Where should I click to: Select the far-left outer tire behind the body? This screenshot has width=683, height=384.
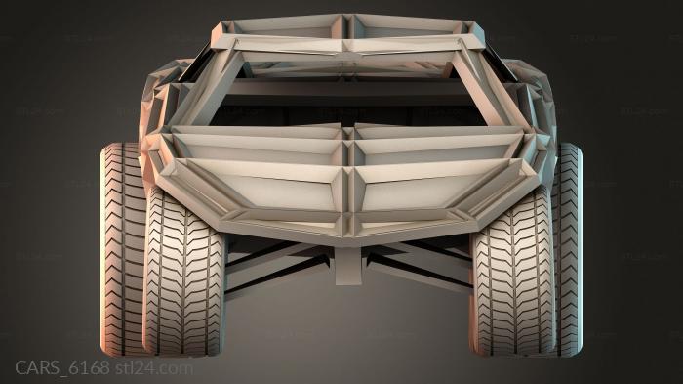(122, 244)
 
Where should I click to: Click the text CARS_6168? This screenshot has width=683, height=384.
(61, 368)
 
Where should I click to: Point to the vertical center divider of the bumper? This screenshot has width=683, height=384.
(347, 176)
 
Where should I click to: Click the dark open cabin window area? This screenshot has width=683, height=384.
(347, 98)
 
